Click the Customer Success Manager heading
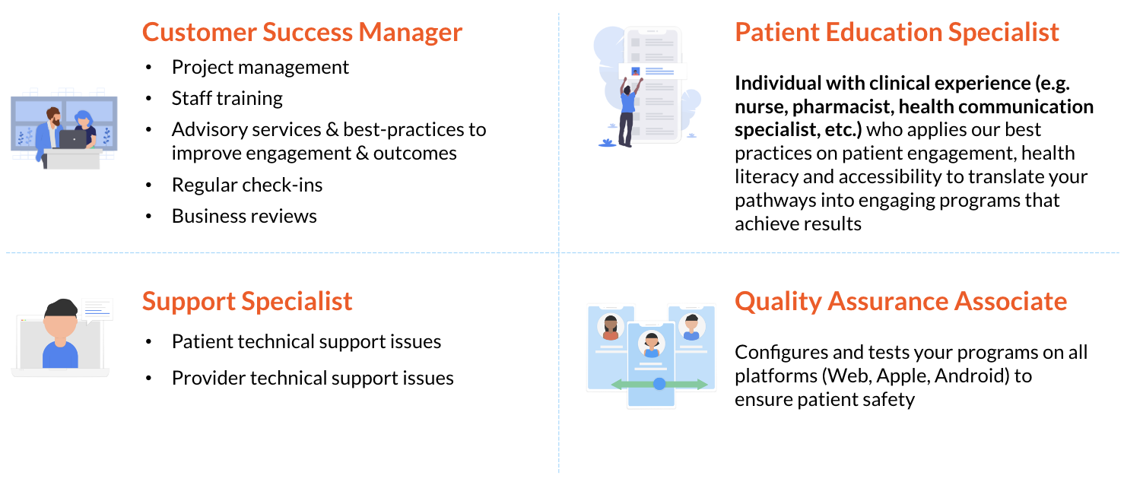pos(302,32)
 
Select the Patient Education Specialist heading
pos(897,32)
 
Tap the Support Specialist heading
pos(247,302)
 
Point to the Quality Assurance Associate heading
pos(900,302)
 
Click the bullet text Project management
pos(260,67)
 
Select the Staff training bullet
pos(227,98)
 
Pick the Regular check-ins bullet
pos(247,185)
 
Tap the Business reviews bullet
pos(244,216)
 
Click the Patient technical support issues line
pos(306,341)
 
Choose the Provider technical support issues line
pos(313,378)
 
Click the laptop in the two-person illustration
pos(73,139)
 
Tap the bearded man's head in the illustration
pos(54,116)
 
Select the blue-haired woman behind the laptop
pos(84,127)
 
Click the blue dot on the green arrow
pos(659,384)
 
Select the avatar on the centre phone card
pos(651,344)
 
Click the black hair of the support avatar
pos(61,307)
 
